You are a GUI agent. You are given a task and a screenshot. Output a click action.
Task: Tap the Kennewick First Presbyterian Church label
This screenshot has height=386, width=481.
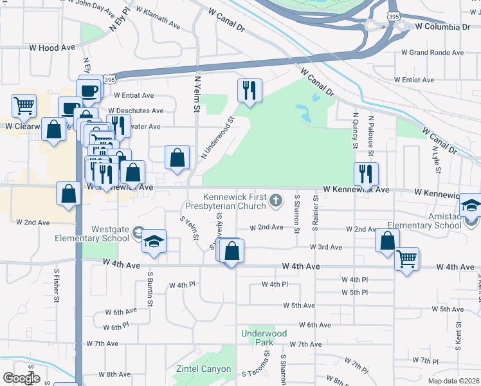point(235,201)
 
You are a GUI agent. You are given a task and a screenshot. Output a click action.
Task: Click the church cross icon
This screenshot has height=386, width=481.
point(276,201)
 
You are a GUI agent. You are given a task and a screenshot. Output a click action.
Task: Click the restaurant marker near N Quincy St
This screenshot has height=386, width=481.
point(365,173)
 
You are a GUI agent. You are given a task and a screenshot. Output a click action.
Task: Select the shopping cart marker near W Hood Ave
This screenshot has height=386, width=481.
point(24,105)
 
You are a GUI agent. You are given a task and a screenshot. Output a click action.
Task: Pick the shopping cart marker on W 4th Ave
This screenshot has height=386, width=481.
point(406,259)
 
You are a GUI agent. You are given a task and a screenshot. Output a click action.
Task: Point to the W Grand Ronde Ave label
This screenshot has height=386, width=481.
point(432,53)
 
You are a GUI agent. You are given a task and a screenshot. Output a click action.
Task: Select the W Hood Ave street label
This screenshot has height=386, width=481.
point(52,48)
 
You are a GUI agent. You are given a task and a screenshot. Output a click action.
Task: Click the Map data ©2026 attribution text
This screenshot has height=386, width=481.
point(453,381)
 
